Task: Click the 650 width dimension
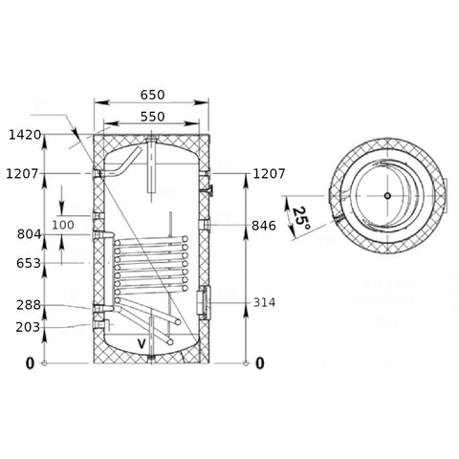click(x=152, y=95)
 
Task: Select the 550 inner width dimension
click(x=152, y=117)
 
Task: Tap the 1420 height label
click(x=25, y=135)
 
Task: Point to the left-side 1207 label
click(x=22, y=174)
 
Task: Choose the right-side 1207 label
click(x=269, y=174)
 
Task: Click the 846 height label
click(x=264, y=226)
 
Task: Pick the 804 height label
click(x=29, y=234)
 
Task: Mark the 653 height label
click(x=29, y=263)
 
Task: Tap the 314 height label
click(x=264, y=302)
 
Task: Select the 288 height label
click(x=29, y=305)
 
